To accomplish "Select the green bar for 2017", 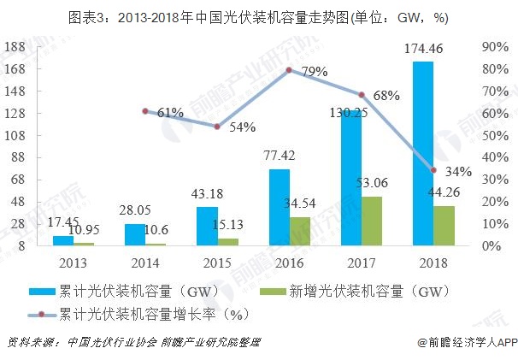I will (371, 221).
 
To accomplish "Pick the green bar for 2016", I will (299, 232).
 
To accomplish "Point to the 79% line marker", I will (289, 70).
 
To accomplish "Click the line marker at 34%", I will (433, 170).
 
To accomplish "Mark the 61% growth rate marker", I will (145, 110).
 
